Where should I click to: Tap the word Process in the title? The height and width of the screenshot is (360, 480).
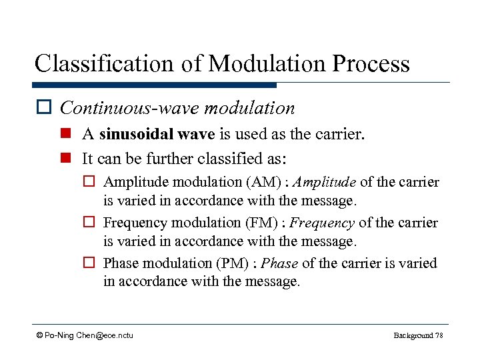coord(373,63)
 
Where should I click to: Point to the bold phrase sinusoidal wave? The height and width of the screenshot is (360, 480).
coord(157,135)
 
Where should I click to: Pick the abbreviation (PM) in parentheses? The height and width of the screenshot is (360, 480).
coord(235,263)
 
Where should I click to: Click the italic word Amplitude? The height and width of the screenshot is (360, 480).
coord(324,182)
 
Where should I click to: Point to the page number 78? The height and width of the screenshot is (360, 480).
coord(438,335)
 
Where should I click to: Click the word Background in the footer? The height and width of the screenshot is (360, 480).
coord(413,335)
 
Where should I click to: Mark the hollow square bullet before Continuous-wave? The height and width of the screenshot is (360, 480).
coord(45,108)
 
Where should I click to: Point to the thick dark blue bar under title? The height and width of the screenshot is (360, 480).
coord(154,85)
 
